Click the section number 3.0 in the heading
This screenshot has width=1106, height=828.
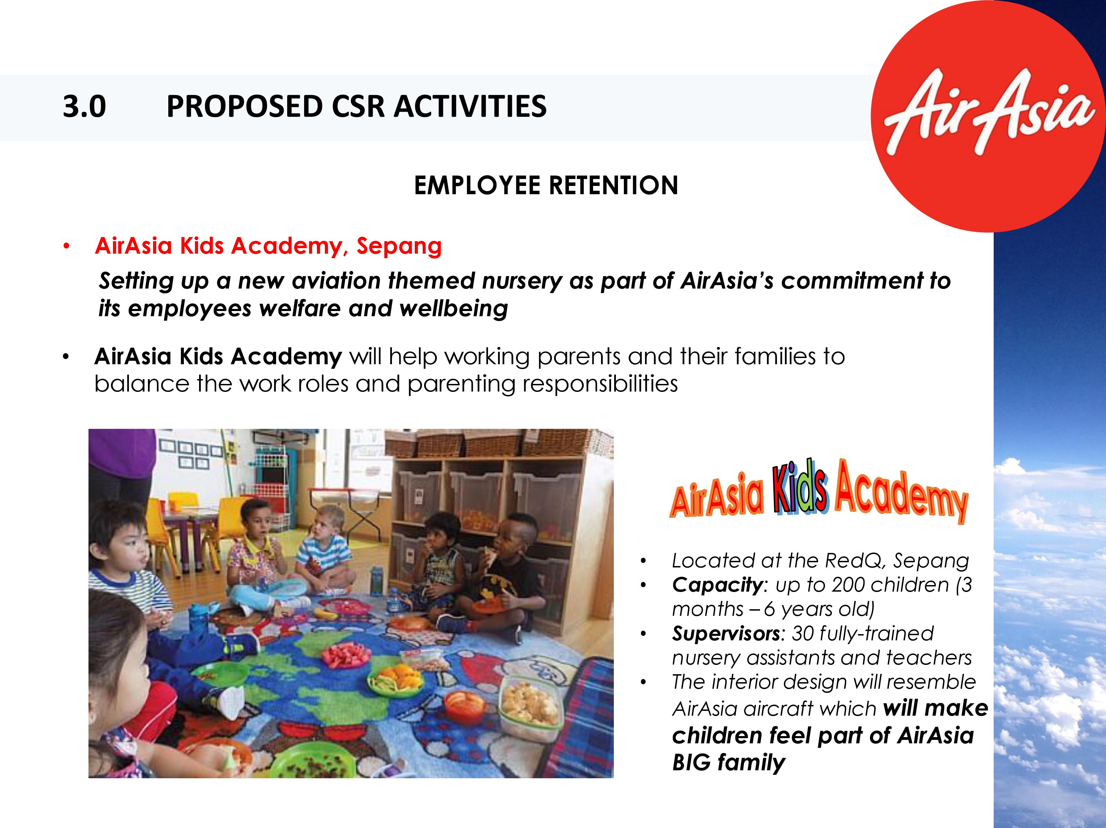(x=84, y=106)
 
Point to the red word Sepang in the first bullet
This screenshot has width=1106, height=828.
(x=399, y=246)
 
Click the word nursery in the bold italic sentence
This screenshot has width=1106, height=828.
(x=522, y=282)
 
